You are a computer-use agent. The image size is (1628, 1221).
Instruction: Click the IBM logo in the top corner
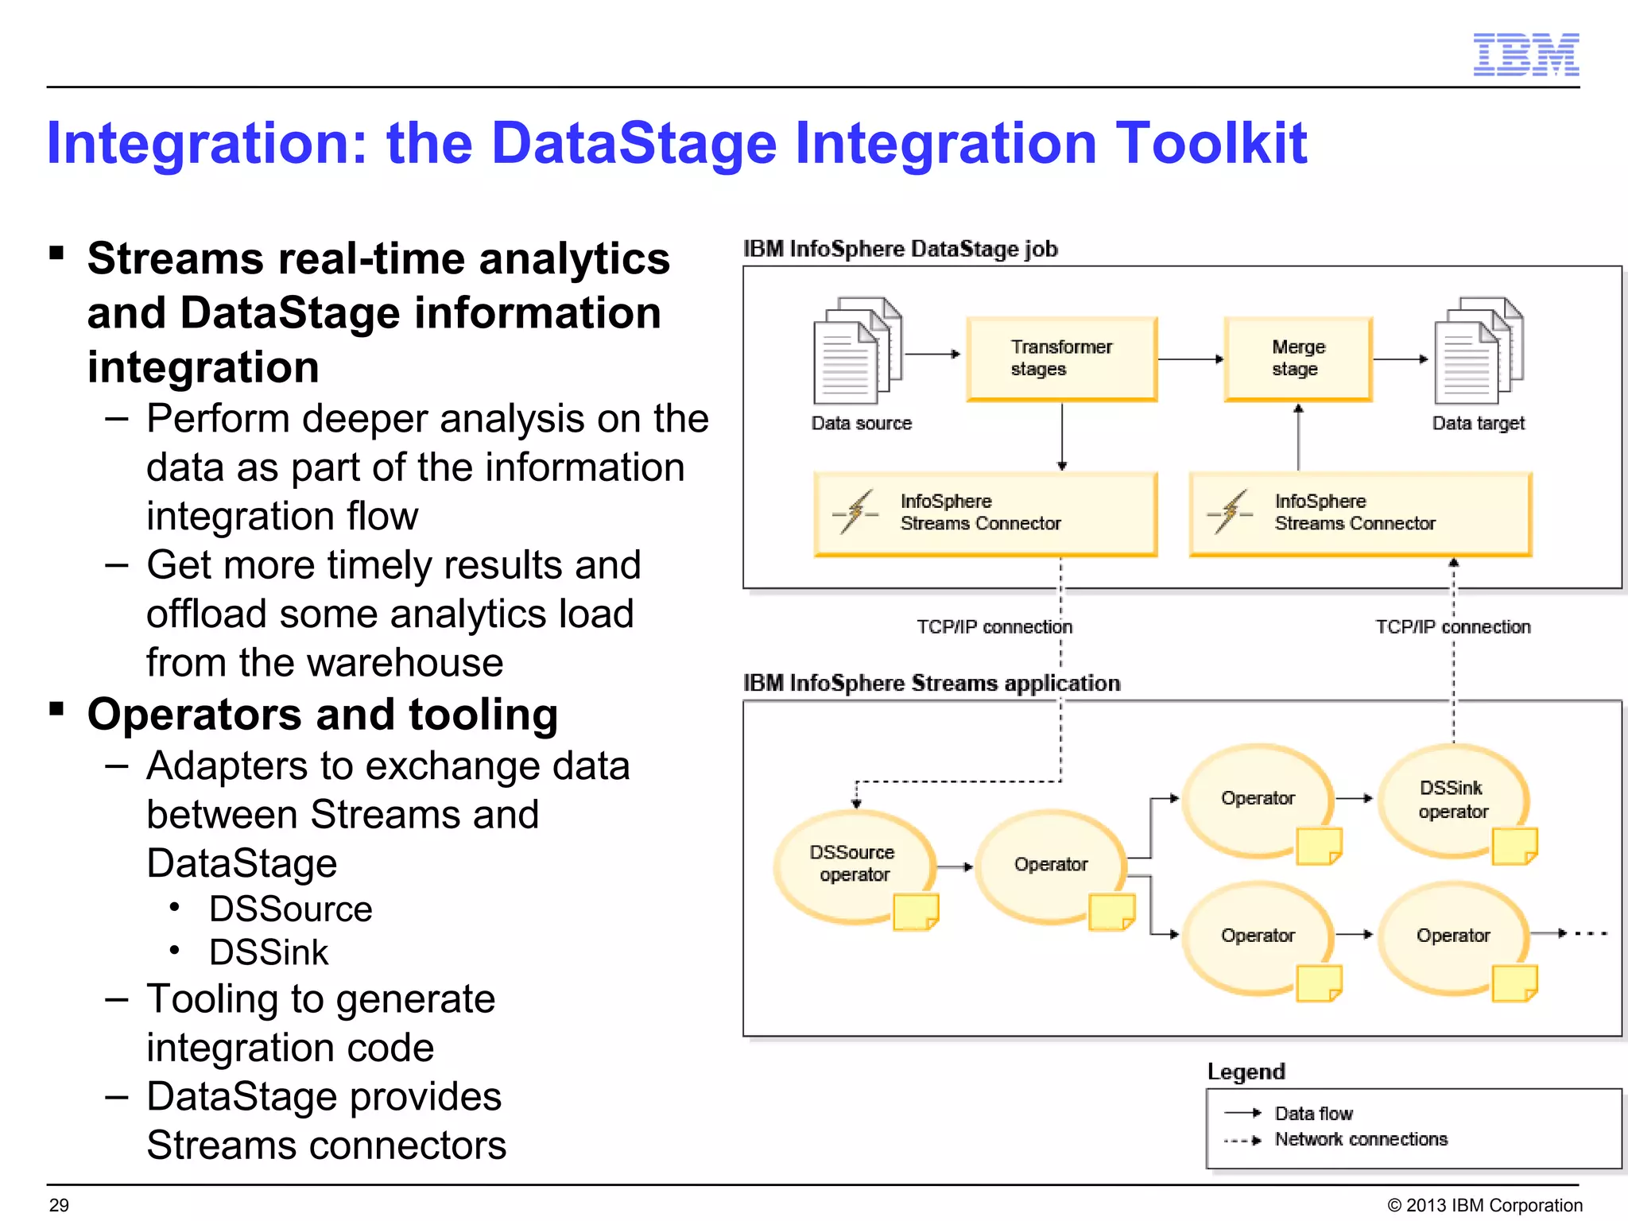(1525, 55)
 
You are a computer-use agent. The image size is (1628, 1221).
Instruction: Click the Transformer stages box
(1061, 359)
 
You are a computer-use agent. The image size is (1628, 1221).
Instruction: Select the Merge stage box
(1298, 359)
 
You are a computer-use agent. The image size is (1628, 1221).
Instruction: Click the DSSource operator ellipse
(853, 864)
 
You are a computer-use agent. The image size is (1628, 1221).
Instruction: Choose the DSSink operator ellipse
(1452, 799)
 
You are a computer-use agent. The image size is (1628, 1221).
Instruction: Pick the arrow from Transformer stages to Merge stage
(1190, 359)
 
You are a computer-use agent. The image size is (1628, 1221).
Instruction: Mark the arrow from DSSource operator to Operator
(955, 866)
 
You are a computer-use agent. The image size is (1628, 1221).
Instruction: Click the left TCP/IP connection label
(994, 627)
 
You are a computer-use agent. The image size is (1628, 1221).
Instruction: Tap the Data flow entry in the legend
(1313, 1114)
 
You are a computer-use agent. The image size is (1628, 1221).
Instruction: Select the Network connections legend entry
(1360, 1139)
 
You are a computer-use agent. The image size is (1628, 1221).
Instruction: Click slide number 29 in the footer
(59, 1205)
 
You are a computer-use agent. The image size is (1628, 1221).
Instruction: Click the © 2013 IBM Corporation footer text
(1484, 1205)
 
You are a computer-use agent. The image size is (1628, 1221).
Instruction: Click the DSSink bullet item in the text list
(269, 952)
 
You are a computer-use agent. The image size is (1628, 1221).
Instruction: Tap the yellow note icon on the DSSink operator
(1514, 846)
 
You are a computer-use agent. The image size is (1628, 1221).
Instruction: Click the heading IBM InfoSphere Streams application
(932, 684)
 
